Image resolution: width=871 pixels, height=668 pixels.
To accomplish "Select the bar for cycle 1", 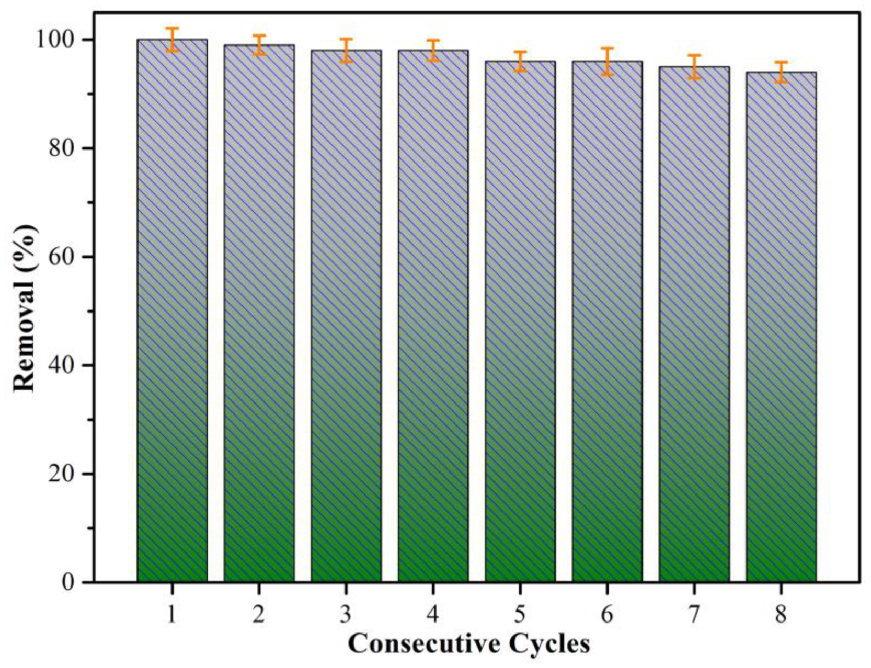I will click(x=172, y=310).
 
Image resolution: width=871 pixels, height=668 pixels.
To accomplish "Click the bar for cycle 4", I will click(x=433, y=316).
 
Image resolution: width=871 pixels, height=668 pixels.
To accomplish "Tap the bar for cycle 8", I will click(x=781, y=327).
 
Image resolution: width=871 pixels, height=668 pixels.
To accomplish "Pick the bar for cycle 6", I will click(x=606, y=321).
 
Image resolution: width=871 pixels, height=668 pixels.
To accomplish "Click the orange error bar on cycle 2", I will click(x=259, y=45).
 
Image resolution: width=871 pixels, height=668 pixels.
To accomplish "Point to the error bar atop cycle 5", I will click(x=520, y=61).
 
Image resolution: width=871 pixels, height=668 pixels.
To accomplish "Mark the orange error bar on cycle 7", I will click(x=694, y=66).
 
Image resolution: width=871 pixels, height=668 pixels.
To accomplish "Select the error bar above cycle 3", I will click(x=346, y=50).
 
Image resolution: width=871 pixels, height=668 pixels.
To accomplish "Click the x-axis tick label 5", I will click(x=520, y=615).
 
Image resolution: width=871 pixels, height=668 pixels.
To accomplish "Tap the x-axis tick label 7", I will click(x=694, y=615).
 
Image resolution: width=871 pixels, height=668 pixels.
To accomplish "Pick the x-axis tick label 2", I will click(x=259, y=615).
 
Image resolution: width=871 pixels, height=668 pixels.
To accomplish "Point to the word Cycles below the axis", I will click(x=550, y=644).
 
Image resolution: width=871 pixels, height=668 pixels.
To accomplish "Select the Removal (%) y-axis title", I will click(x=25, y=308).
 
